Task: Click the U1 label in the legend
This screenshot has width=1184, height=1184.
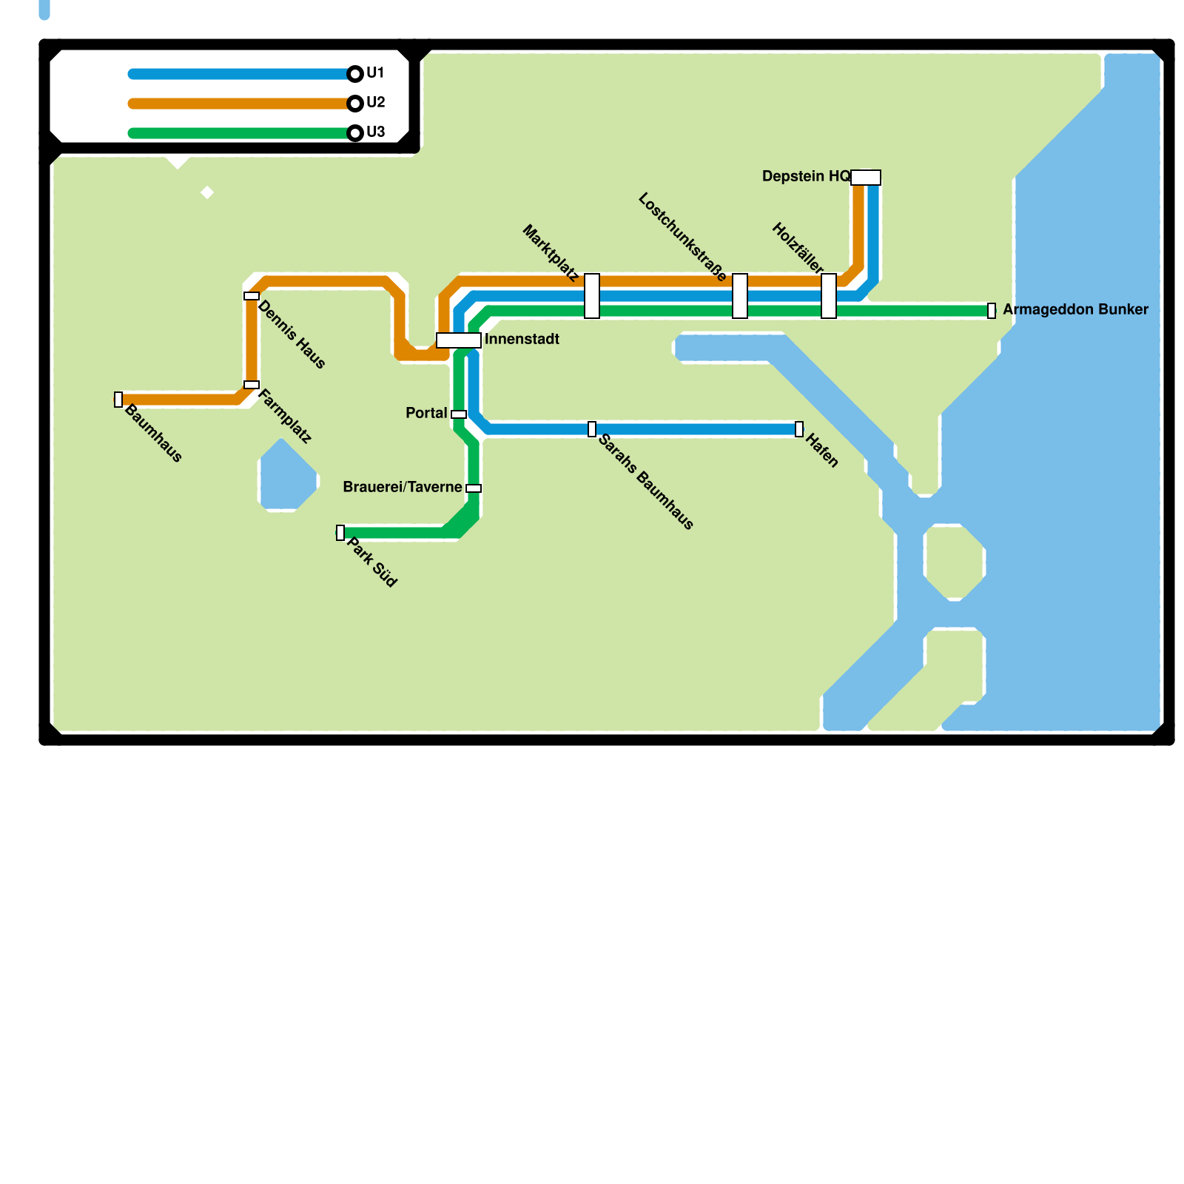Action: coord(375,73)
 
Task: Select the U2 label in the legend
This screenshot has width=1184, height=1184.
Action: coord(375,103)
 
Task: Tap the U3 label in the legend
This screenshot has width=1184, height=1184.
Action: coord(375,132)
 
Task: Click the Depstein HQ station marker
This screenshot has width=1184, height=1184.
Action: coord(866,178)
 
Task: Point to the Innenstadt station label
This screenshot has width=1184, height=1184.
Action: coord(522,340)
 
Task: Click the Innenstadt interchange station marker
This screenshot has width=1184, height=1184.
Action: coord(459,340)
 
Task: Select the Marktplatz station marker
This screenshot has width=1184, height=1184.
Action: coord(592,296)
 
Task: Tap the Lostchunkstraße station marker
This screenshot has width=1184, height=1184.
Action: coord(740,296)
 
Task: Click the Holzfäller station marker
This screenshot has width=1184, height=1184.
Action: coord(829,296)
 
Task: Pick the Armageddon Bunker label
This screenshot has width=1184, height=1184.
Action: coord(1075,310)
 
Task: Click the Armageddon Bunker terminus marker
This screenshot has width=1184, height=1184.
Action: coord(992,311)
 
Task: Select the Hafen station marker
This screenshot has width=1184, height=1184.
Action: coord(799,429)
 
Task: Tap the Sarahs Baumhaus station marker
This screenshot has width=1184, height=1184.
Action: coord(592,429)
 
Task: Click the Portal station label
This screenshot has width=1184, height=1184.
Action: coord(426,414)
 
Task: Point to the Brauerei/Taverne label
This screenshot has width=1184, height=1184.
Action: coord(403,488)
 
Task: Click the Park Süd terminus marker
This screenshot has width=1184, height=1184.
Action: coord(340,533)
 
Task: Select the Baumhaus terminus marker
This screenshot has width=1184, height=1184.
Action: coord(118,400)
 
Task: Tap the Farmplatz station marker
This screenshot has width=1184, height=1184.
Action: coord(252,385)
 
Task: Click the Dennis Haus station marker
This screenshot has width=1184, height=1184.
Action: coord(252,296)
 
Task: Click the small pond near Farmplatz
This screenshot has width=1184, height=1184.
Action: coord(287,477)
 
